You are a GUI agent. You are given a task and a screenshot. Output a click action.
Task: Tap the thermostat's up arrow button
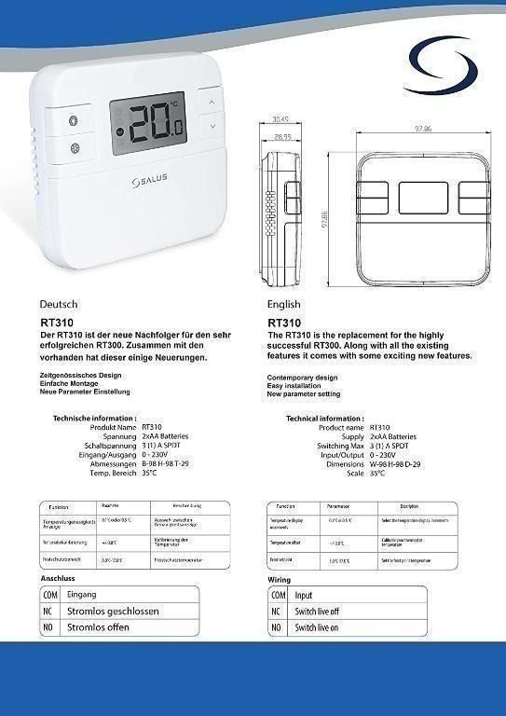click(212, 101)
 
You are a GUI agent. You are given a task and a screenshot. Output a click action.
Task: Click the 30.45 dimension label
click(280, 119)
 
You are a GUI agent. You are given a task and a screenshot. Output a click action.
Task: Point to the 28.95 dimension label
click(282, 136)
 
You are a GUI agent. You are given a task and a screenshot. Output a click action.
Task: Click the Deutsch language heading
click(59, 304)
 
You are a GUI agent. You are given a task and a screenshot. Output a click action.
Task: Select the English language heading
click(283, 304)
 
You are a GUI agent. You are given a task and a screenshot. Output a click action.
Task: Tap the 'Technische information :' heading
click(95, 419)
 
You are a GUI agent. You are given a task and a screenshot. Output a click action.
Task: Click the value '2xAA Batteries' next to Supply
click(393, 436)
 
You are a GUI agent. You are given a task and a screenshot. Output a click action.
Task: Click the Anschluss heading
click(57, 579)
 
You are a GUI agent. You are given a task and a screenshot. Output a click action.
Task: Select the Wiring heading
click(279, 580)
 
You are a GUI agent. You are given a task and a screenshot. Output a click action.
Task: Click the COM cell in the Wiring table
click(278, 595)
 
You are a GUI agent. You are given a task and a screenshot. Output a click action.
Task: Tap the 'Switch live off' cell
click(318, 612)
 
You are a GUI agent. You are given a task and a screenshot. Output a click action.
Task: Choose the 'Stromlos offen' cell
click(98, 628)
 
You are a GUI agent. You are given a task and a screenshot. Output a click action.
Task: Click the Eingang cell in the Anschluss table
click(82, 594)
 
